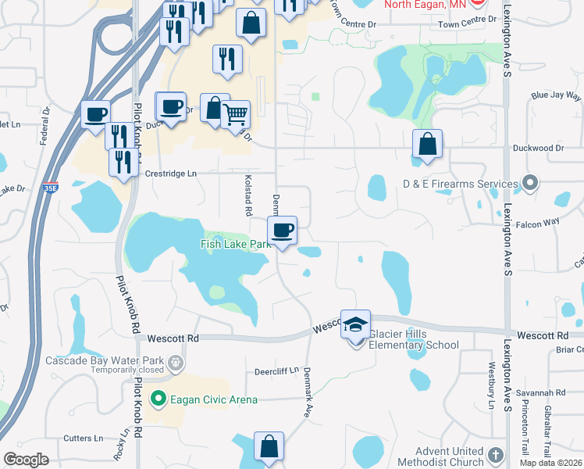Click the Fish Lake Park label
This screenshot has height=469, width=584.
coord(235,245)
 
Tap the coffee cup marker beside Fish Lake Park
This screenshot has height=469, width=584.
coord(282,231)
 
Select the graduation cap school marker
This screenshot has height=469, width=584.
coord(355,324)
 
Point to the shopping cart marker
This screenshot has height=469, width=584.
coord(235,114)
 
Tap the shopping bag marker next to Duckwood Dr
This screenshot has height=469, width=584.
coord(427,145)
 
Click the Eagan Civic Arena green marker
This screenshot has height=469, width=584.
coord(159,399)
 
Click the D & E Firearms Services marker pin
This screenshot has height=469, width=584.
coord(530,184)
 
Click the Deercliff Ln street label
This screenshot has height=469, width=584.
coord(277,372)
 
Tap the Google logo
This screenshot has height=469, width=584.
coord(26,460)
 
